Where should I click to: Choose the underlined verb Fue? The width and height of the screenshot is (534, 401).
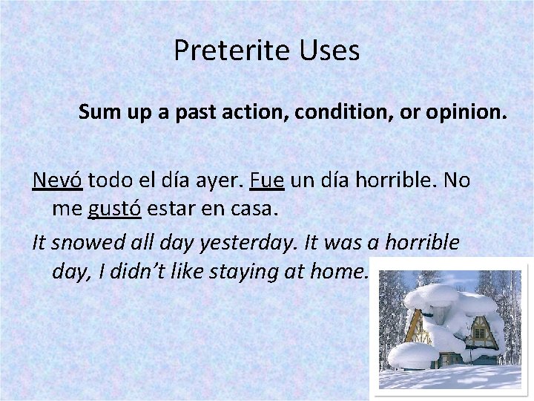coord(266,180)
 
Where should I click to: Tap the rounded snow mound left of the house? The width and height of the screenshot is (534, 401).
coord(412,353)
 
